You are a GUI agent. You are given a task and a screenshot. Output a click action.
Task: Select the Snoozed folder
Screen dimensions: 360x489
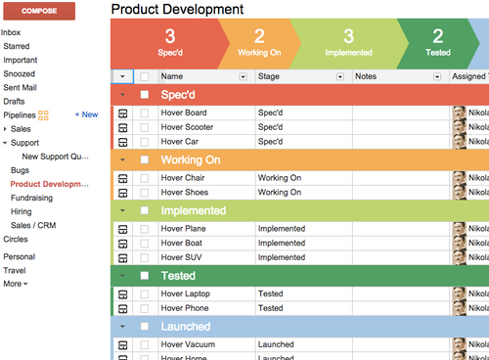[19, 73]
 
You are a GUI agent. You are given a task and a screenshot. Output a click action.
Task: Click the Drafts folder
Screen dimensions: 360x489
[14, 101]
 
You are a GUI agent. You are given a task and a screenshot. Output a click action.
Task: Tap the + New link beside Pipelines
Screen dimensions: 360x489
[87, 114]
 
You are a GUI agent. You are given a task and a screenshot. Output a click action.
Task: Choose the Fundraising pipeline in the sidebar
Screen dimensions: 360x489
[31, 198]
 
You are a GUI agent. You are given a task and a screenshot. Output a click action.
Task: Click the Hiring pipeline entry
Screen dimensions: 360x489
[21, 211]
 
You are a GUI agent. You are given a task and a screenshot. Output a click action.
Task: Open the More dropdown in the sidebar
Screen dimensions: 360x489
[16, 284]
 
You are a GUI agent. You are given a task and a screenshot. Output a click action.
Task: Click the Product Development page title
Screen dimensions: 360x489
[177, 9]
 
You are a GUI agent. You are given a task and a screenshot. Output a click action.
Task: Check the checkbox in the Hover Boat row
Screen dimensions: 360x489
[145, 244]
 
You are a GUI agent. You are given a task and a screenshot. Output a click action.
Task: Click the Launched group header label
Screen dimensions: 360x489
[185, 326]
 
